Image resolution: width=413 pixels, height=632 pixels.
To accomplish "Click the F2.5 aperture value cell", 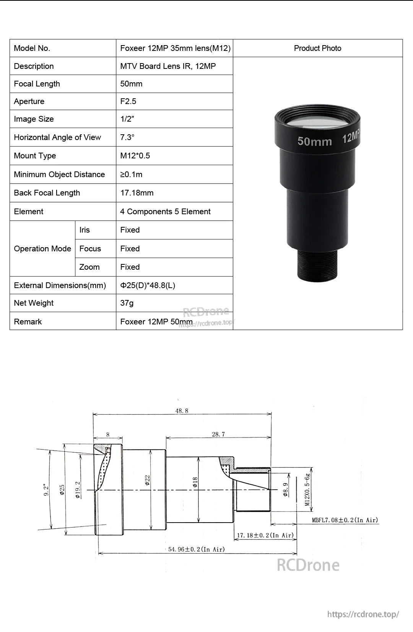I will pos(128,101).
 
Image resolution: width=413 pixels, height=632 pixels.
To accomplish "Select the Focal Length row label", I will pos(37,84).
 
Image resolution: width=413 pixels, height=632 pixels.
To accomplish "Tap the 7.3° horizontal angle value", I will pos(127,137).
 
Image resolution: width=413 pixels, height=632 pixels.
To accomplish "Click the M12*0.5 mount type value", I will pos(135,156).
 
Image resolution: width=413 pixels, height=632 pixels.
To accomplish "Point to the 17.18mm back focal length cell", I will pos(137,193).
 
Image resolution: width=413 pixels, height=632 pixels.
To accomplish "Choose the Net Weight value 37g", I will pos(127,303).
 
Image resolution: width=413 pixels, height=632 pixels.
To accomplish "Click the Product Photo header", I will pos(317,48).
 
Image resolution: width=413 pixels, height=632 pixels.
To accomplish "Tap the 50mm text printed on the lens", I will pos(315,141).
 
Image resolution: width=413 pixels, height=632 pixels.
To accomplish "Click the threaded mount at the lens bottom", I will pos(318,264).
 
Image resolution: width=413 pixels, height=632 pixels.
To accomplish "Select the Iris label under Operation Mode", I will pos(85,230).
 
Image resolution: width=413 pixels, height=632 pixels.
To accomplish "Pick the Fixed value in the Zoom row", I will pos(130,267).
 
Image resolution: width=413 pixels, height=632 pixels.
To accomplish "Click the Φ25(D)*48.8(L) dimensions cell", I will pos(148,285).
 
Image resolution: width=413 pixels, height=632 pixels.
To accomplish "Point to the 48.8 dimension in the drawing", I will pos(182,411).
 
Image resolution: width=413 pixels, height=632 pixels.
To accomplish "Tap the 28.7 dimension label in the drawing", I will pos(218,434).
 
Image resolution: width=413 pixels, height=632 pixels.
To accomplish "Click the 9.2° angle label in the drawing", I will pos(46,490).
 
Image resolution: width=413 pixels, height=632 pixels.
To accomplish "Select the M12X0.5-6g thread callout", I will pos(307,490).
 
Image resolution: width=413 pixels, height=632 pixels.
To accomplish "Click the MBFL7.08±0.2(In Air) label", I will pos(345,520).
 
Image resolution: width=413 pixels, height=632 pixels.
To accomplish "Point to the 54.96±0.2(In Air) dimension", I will pos(197,549).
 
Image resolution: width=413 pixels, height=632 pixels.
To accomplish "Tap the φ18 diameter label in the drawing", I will pos(195,482).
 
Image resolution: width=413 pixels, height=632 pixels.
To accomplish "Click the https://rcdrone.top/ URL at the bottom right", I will pos(363,614).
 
